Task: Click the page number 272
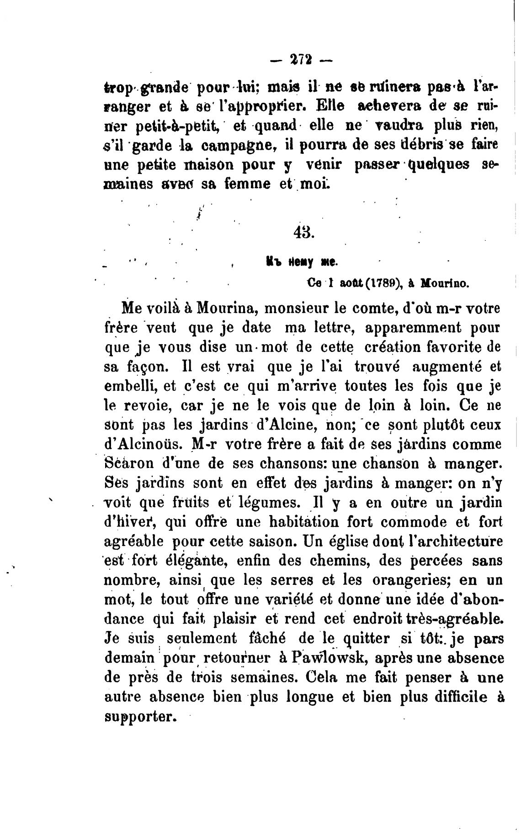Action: coord(300,59)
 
